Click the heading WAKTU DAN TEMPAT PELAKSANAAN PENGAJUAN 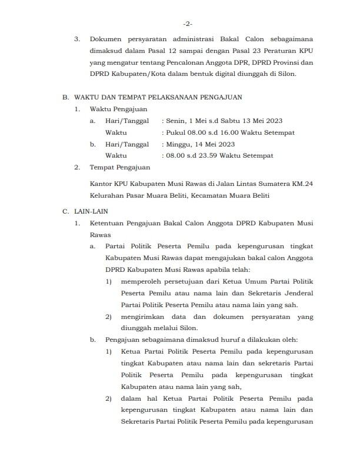pyautogui.click(x=159, y=96)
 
